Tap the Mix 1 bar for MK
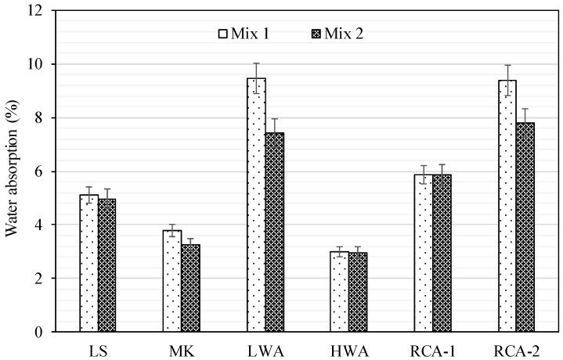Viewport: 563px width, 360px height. (x=172, y=281)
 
